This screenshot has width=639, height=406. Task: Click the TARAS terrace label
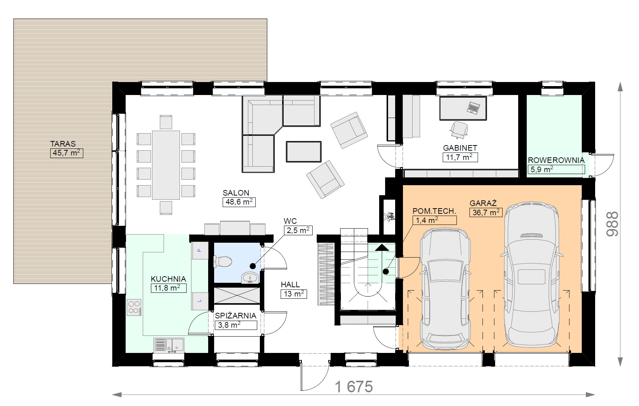(x=63, y=144)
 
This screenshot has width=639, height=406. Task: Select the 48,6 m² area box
(x=239, y=202)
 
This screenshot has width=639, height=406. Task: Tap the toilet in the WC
(x=223, y=262)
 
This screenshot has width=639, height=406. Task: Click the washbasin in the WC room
(x=250, y=278)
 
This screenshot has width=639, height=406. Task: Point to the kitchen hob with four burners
(x=134, y=307)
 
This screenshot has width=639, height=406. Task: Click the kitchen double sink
(x=169, y=346)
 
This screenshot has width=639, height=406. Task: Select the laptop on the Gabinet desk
(x=473, y=108)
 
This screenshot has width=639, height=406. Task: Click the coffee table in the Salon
(x=303, y=151)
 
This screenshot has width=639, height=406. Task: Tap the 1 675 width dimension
(x=354, y=387)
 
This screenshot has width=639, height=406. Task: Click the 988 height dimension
(x=612, y=224)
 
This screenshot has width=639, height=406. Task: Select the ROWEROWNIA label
(x=556, y=160)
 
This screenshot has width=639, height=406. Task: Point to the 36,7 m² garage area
(x=486, y=212)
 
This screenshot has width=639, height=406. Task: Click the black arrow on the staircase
(x=382, y=247)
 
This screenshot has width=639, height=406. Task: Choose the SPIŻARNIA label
(x=236, y=316)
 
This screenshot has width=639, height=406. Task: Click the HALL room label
(x=290, y=285)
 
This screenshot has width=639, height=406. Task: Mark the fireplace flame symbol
(x=389, y=217)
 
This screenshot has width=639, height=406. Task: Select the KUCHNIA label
(x=168, y=279)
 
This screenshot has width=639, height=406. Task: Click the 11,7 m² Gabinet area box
(x=460, y=157)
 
